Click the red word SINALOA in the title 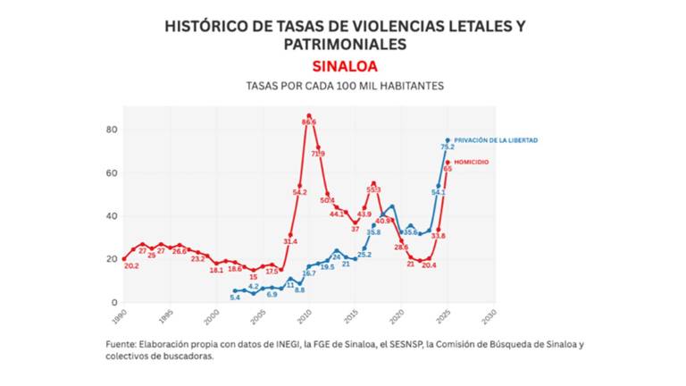[345, 66]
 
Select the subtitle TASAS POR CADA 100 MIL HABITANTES [345, 86]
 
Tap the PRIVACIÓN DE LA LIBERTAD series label [496, 140]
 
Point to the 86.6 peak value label [311, 122]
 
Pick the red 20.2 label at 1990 [131, 266]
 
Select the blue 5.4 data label [235, 297]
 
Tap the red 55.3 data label [373, 189]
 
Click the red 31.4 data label [290, 241]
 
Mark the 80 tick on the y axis [112, 130]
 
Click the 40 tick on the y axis [112, 216]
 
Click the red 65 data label [447, 168]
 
